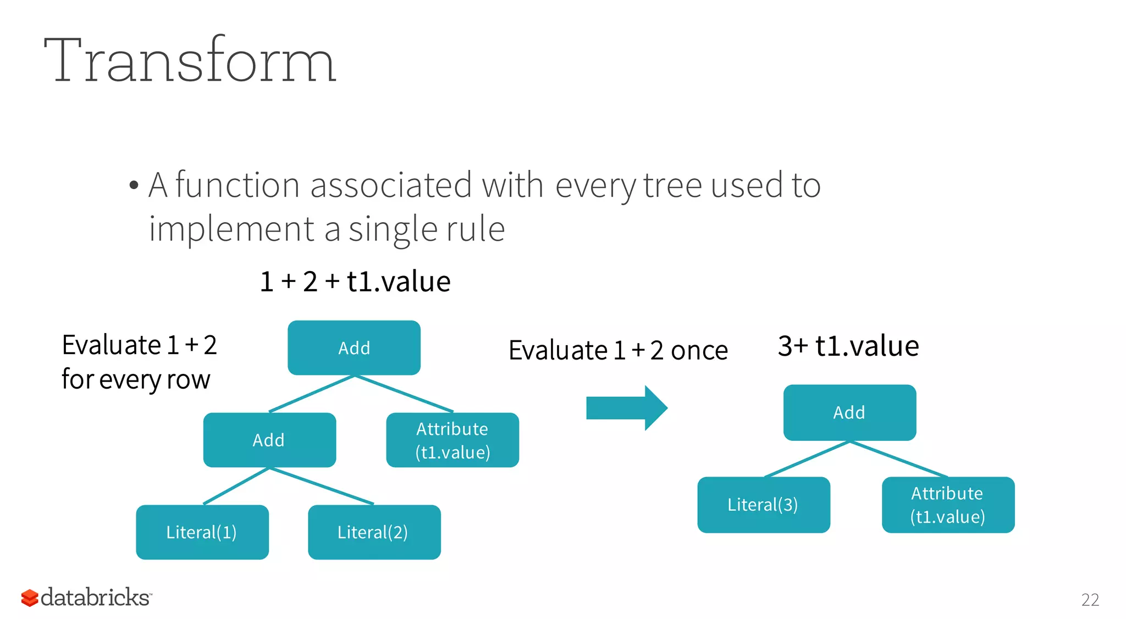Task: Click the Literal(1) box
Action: pyautogui.click(x=202, y=532)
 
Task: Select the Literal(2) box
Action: pyautogui.click(x=374, y=532)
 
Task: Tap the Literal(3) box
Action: pyautogui.click(x=763, y=505)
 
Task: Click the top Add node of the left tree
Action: pyautogui.click(x=354, y=348)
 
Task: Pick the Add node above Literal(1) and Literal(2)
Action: pyautogui.click(x=269, y=440)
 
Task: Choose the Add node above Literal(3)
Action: pyautogui.click(x=849, y=412)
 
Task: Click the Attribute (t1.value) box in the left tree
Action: pyautogui.click(x=452, y=440)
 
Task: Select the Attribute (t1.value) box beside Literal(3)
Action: pyautogui.click(x=948, y=505)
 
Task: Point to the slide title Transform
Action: pyautogui.click(x=190, y=60)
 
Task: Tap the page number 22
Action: pyautogui.click(x=1090, y=600)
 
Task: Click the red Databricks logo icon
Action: pyautogui.click(x=30, y=598)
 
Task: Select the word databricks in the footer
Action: pyautogui.click(x=95, y=598)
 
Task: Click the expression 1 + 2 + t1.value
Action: pyautogui.click(x=355, y=281)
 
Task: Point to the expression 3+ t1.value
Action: pyautogui.click(x=848, y=346)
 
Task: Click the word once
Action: pyautogui.click(x=699, y=351)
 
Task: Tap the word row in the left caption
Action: pyautogui.click(x=188, y=379)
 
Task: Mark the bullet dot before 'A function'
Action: pyautogui.click(x=134, y=186)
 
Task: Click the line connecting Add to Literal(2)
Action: pyautogui.click(x=322, y=486)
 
